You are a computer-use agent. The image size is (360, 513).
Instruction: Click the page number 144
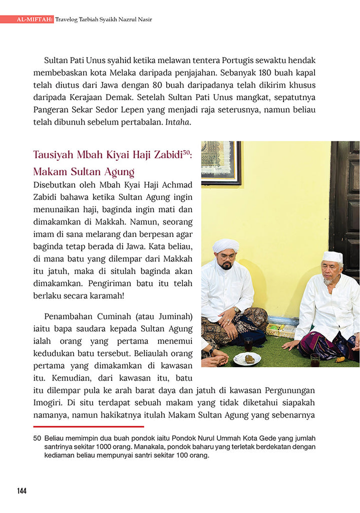tap(22, 491)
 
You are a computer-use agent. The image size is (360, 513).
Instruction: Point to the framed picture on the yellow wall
tap(221, 162)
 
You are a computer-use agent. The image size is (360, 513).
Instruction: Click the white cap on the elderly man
tap(332, 257)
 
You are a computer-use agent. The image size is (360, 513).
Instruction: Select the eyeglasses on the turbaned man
tap(227, 256)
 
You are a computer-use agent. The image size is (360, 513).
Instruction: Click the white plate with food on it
tap(247, 359)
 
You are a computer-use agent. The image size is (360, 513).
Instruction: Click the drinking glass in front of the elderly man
tap(314, 360)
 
